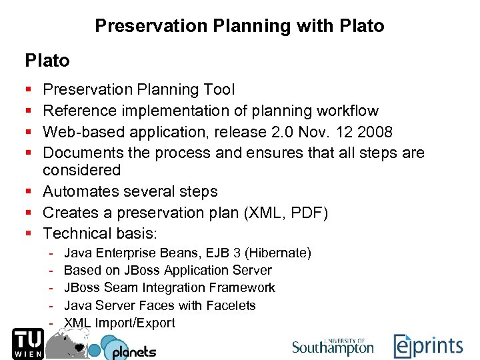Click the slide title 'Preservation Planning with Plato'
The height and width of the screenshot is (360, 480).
[x=239, y=26]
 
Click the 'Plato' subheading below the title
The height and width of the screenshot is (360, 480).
[x=47, y=61]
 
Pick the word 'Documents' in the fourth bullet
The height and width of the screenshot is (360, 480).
[x=83, y=153]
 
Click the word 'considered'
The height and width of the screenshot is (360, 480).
[x=81, y=171]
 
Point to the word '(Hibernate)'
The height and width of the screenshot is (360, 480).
[x=278, y=253]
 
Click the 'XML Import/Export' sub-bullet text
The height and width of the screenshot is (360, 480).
[x=119, y=323]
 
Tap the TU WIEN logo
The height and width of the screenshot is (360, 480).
[x=26, y=343]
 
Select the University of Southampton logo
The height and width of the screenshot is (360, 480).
[x=333, y=346]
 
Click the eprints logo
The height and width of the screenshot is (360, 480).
[x=427, y=346]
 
